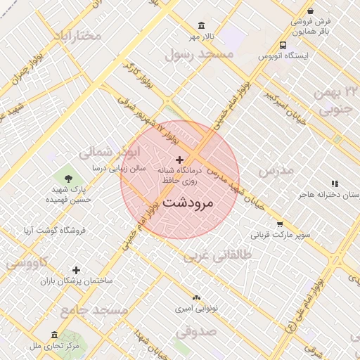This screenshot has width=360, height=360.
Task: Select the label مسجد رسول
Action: [x=198, y=53]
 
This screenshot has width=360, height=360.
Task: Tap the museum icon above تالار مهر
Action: [x=202, y=25]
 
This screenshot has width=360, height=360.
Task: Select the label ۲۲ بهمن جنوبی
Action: [x=339, y=101]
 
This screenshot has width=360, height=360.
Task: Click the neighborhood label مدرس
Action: [x=275, y=171]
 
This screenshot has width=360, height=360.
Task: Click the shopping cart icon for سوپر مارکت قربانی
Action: [x=260, y=224]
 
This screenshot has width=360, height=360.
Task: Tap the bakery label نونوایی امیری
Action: [x=196, y=308]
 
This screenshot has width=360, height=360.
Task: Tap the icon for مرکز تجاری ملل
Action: [x=55, y=335]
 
